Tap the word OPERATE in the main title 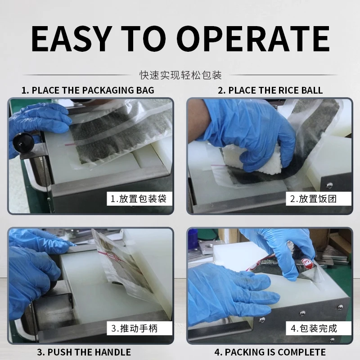(x=253, y=39)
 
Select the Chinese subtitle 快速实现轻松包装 (x=180, y=75)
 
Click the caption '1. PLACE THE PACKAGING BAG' (x=88, y=90)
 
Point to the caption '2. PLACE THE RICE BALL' (x=270, y=90)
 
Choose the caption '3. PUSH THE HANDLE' (x=84, y=352)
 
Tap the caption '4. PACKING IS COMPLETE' (x=270, y=352)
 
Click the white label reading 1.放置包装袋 (x=139, y=198)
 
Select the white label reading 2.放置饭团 (x=319, y=198)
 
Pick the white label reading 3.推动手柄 (x=139, y=328)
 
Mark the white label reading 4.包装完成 (x=319, y=328)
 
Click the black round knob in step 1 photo (x=23, y=143)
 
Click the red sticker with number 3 (x=307, y=264)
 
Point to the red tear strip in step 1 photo (x=71, y=144)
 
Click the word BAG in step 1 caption (x=145, y=90)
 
